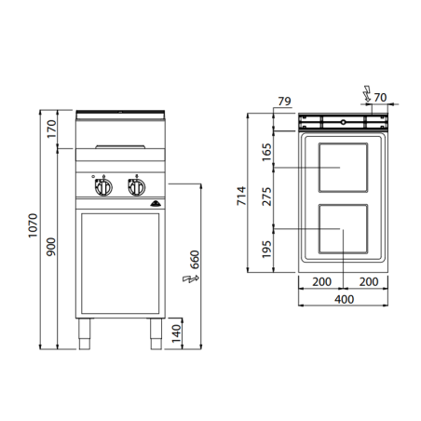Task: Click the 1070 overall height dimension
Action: tap(33, 224)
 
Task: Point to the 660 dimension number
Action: tap(196, 258)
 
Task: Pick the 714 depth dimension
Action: tap(240, 197)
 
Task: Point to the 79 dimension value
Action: tap(285, 102)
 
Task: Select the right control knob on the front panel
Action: tap(136, 188)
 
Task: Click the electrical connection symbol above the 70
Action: tap(367, 93)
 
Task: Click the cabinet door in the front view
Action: tap(119, 265)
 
